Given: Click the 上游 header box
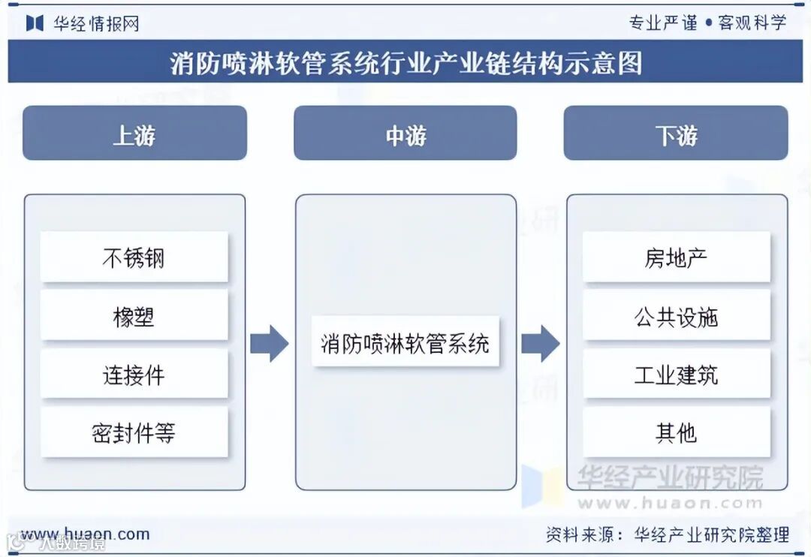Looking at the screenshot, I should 134,133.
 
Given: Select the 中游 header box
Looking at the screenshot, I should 405,133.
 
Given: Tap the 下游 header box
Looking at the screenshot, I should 676,133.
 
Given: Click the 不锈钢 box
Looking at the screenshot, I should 134,257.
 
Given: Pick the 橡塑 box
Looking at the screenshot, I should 134,316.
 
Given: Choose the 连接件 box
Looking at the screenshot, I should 134,374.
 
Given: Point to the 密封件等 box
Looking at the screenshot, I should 134,432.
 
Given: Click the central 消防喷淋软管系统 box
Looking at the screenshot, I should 405,342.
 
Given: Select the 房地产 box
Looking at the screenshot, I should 676,257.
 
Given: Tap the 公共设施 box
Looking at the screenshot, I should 676,316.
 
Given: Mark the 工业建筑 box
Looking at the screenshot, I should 676,374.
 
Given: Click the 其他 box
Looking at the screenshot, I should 676,432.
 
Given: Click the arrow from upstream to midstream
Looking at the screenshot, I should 269,344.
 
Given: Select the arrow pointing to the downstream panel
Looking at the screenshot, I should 540,344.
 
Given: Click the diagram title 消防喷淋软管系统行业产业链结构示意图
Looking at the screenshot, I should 405,62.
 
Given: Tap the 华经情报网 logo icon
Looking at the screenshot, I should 35,23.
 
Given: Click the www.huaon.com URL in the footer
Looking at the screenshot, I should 85,534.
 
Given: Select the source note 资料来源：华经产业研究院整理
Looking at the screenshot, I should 668,534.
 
